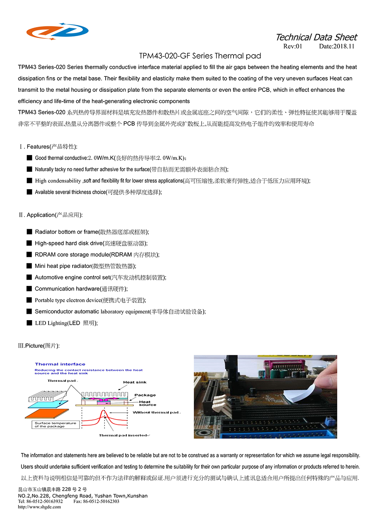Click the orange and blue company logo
pyautogui.click(x=57, y=31)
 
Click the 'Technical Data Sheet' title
pyautogui.click(x=316, y=37)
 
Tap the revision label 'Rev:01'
pyautogui.click(x=293, y=46)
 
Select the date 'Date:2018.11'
pyautogui.click(x=337, y=46)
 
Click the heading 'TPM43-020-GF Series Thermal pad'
pyautogui.click(x=200, y=56)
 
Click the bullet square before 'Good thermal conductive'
pyautogui.click(x=29, y=158)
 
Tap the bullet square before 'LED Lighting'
pyautogui.click(x=29, y=323)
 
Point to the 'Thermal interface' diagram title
pyautogui.click(x=60, y=364)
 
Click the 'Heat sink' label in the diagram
pyautogui.click(x=135, y=382)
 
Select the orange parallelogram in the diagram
pyautogui.click(x=47, y=413)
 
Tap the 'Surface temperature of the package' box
pyautogui.click(x=55, y=425)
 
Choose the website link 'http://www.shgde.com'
pyautogui.click(x=39, y=507)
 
